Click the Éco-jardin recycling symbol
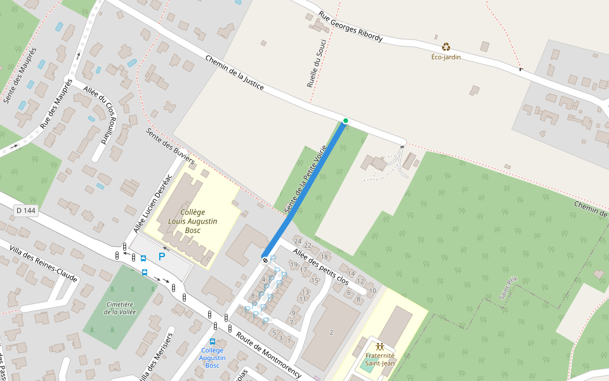[447, 46]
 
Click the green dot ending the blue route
[345, 121]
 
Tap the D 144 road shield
[26, 210]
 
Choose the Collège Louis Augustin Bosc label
[193, 221]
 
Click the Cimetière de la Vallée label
[121, 308]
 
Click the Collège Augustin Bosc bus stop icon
[212, 342]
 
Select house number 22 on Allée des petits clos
[308, 245]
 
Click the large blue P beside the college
[162, 257]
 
